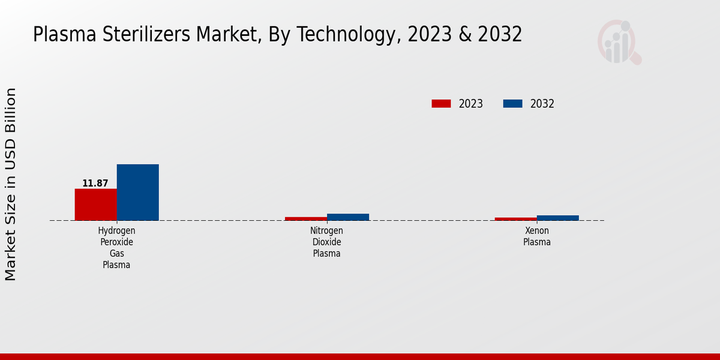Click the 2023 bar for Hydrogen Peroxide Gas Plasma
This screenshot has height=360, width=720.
pos(95,205)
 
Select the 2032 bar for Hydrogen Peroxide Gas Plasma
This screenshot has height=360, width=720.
pos(137,192)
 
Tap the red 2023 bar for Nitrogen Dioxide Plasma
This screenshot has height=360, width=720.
pos(305,218)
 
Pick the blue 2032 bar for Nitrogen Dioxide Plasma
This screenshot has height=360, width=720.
pos(347,217)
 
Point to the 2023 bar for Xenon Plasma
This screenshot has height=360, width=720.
pos(515,218)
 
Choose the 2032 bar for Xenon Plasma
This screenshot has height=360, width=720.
pos(557,218)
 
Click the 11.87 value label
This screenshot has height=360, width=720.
pos(95,184)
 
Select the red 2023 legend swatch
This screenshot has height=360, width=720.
pos(441,104)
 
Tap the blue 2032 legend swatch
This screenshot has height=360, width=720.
pos(512,104)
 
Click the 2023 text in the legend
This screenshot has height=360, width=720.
pos(471,104)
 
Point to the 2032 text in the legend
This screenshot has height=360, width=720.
pos(542,104)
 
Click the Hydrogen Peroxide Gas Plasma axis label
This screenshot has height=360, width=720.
pos(116,248)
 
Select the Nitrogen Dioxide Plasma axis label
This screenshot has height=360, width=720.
pos(326,242)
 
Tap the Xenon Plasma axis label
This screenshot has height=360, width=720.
pos(536,236)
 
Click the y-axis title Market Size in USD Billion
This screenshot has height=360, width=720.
pos(11,184)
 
